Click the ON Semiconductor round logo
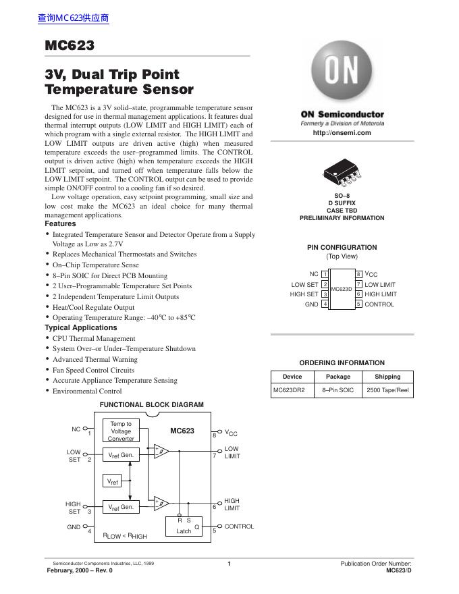pyautogui.click(x=342, y=72)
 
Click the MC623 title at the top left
pyautogui.click(x=69, y=46)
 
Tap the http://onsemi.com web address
pyautogui.click(x=342, y=132)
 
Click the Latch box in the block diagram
pyautogui.click(x=184, y=526)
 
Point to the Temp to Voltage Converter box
pyautogui.click(x=121, y=431)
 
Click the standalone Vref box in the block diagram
pyautogui.click(x=113, y=482)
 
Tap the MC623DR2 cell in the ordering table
pyautogui.click(x=288, y=390)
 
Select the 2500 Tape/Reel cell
pyautogui.click(x=387, y=390)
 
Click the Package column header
pyautogui.click(x=338, y=377)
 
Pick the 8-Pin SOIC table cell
pyautogui.click(x=338, y=390)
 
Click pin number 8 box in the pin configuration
pyautogui.click(x=359, y=275)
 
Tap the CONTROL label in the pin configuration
pyautogui.click(x=379, y=304)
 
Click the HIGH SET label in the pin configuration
pyautogui.click(x=304, y=294)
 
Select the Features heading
pyautogui.click(x=60, y=223)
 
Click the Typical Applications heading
pyautogui.click(x=80, y=327)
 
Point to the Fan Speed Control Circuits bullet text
pyautogui.click(x=93, y=370)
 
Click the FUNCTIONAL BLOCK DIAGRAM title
pyautogui.click(x=151, y=405)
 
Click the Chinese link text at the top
pyautogui.click(x=74, y=18)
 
